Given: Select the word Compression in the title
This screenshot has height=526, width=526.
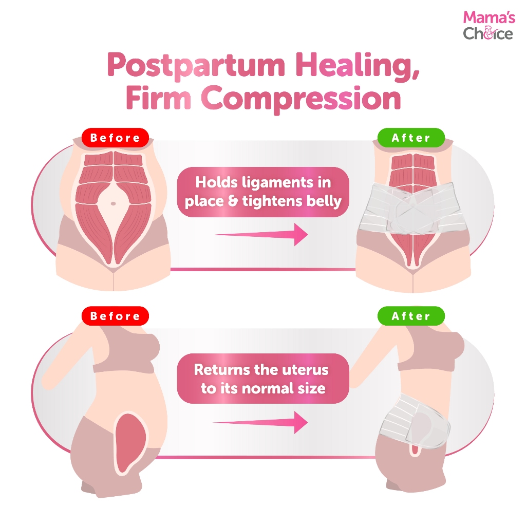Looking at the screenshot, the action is tap(301, 99).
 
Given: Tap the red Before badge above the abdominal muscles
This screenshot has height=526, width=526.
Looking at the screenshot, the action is tap(115, 138).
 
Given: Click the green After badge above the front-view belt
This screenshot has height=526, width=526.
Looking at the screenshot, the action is tap(410, 138).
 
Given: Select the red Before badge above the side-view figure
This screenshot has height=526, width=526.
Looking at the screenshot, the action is tap(115, 316).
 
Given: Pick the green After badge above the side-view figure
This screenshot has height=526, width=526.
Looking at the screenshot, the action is tap(410, 316).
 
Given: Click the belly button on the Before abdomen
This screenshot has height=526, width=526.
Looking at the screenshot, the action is tap(114, 203).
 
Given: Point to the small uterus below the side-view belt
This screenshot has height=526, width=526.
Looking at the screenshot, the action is tap(414, 449).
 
